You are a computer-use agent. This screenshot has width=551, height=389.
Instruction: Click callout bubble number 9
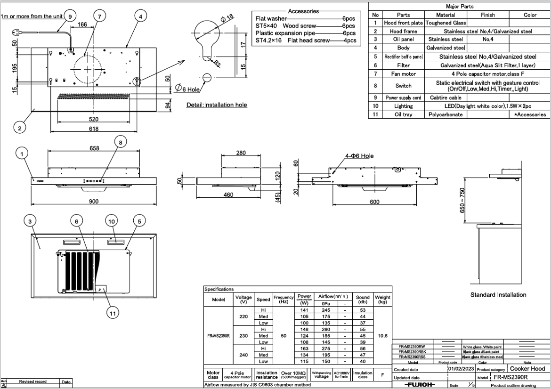coord(70,16)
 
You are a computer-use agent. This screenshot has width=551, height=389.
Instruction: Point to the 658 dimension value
coord(94,148)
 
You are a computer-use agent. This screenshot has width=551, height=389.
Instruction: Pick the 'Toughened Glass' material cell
coord(446,23)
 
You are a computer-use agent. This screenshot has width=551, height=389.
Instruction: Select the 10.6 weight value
coord(382,336)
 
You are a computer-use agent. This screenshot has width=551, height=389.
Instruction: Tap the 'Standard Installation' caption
coord(498,295)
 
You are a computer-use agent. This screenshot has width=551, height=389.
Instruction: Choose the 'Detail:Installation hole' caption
coord(217,105)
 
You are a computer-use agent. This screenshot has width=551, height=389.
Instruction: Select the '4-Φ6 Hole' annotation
coord(359,156)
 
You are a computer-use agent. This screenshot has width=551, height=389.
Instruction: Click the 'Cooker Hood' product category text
coord(527,369)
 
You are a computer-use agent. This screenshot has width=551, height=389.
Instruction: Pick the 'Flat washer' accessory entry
coord(271,18)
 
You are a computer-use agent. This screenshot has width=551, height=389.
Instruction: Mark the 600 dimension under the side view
coord(374,202)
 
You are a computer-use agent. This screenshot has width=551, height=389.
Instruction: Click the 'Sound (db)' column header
coord(363,299)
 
